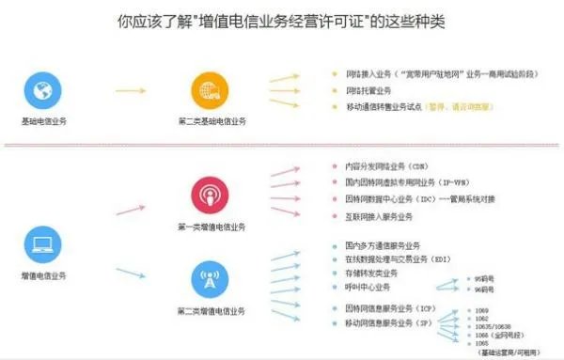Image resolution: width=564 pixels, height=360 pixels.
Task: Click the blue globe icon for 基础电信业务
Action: [x=42, y=91]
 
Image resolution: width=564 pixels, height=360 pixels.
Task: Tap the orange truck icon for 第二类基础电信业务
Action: [x=211, y=91]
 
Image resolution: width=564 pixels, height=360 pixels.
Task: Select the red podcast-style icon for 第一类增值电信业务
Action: [x=211, y=196]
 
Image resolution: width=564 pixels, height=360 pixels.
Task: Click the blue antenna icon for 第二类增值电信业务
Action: [x=211, y=279]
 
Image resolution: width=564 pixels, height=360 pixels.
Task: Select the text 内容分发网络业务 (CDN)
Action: [x=386, y=165]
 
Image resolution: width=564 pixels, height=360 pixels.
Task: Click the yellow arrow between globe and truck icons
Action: [x=126, y=92]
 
